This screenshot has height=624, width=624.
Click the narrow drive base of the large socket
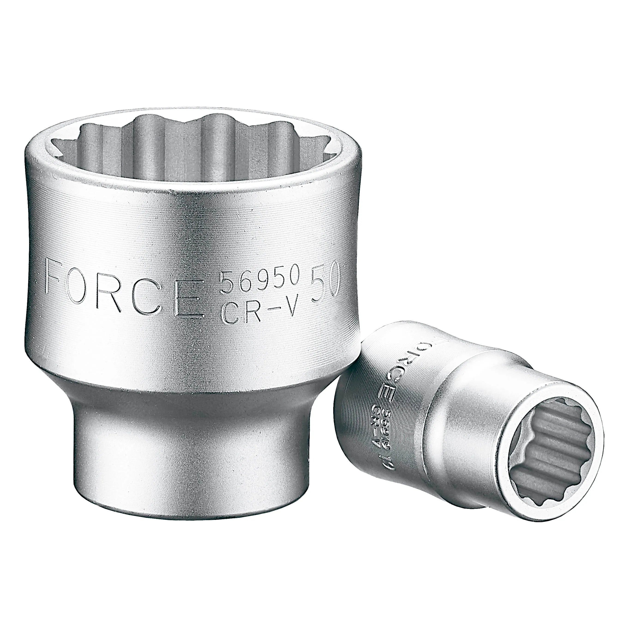point(191,452)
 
